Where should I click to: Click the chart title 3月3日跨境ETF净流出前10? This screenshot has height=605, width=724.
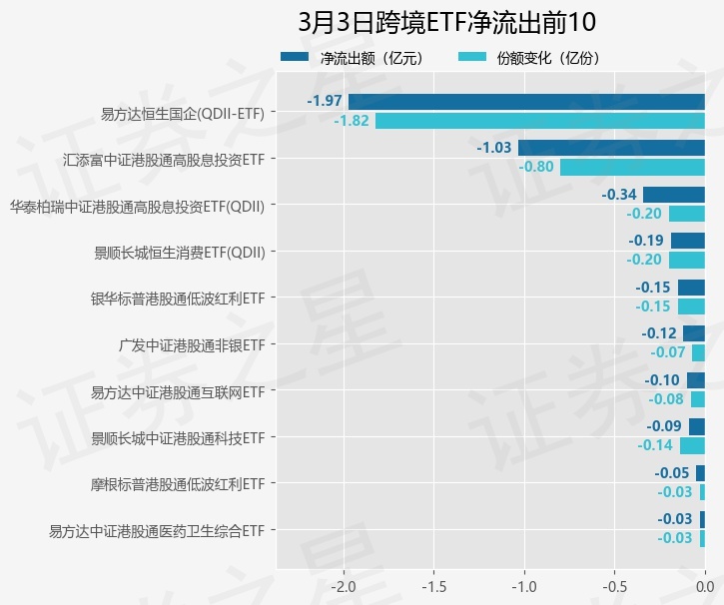(x=446, y=22)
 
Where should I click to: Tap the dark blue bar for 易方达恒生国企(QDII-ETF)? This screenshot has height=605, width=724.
(x=526, y=102)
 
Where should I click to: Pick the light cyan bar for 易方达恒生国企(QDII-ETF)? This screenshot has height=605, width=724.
(x=539, y=121)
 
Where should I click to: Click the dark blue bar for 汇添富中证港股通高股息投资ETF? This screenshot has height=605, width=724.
(x=611, y=148)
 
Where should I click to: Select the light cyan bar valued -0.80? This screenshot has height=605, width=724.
(x=632, y=167)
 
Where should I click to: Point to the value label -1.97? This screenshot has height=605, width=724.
(x=325, y=102)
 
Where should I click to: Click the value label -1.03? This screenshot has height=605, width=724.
(x=494, y=148)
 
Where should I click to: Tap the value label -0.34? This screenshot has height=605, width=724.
(x=620, y=195)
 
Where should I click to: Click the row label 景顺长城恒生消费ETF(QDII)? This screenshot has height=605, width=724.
(x=180, y=253)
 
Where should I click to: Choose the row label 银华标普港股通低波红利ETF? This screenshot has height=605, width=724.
(x=178, y=299)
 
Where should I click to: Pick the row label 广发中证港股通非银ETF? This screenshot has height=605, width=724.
(x=192, y=345)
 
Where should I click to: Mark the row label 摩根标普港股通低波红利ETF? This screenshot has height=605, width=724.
(x=178, y=484)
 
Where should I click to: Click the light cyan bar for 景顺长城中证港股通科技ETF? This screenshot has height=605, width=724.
(x=692, y=445)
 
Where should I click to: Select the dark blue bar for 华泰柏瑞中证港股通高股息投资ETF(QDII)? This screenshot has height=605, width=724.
(x=674, y=195)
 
